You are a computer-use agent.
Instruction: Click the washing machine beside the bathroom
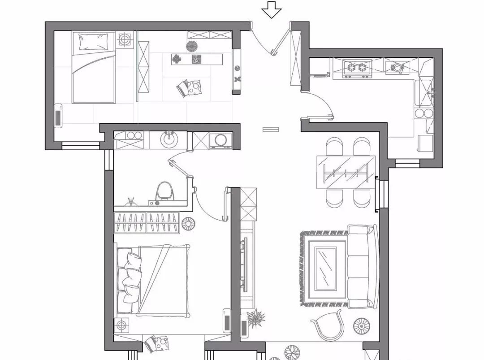[x=220, y=141]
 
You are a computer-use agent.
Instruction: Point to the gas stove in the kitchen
[x=357, y=68]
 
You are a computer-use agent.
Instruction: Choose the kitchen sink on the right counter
[x=425, y=92]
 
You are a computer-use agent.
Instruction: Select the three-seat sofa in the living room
[x=362, y=267]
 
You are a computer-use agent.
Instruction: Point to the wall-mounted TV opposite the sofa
[x=244, y=265]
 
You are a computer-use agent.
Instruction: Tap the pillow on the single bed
[x=94, y=42]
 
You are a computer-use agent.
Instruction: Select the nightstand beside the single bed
[x=125, y=39]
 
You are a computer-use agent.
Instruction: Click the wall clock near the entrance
[x=237, y=68]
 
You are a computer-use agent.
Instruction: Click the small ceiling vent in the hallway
[x=271, y=130]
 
